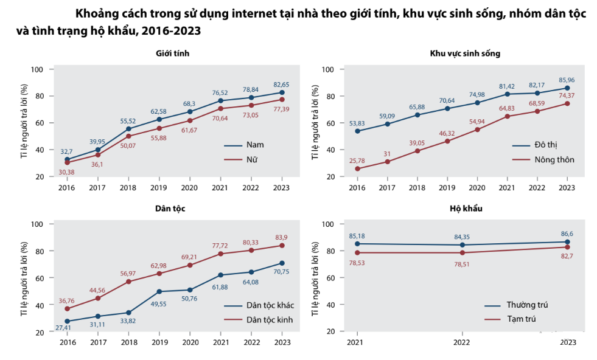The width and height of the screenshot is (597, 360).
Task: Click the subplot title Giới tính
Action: (173, 54)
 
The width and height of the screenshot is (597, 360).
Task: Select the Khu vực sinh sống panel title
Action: (464, 54)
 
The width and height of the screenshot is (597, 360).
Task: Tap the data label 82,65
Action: (281, 84)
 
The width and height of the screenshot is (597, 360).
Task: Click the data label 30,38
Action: (67, 172)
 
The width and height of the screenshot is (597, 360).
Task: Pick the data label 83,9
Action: (282, 237)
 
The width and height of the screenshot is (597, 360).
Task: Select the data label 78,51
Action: (462, 263)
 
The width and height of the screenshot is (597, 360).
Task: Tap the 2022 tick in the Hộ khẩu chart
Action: (462, 344)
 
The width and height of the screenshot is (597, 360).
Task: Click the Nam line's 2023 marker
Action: (282, 92)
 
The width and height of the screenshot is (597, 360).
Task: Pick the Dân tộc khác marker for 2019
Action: (159, 292)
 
